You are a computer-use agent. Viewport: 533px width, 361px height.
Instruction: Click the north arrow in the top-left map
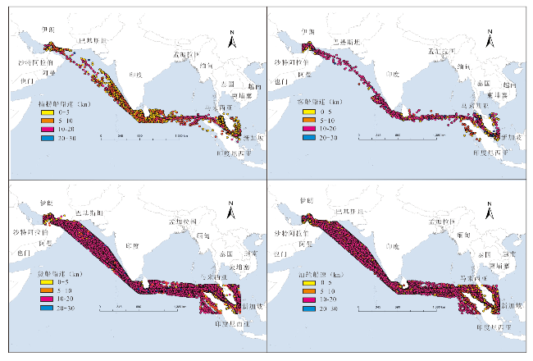coord(232,37)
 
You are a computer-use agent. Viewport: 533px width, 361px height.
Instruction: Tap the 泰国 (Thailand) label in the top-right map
coord(483,83)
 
